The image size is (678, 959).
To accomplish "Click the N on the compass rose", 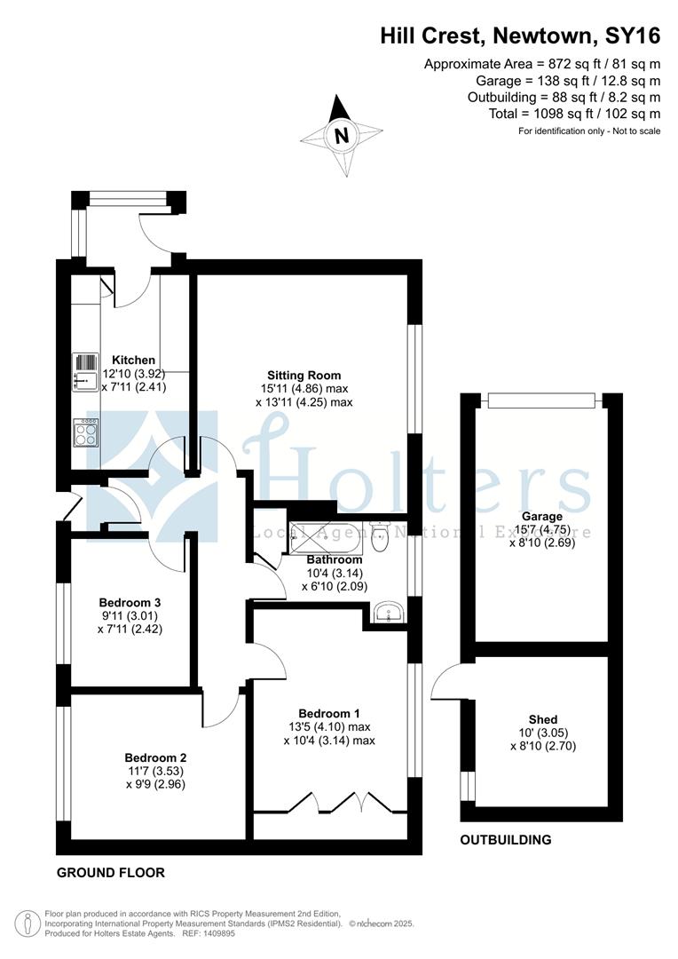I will point(341,137).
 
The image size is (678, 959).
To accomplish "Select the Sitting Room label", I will point(304,375).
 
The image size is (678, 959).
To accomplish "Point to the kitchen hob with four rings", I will point(87,432).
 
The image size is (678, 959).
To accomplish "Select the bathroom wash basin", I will point(388,612).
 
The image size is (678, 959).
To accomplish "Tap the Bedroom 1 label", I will point(328,713).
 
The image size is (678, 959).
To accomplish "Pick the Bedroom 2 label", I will point(155,758).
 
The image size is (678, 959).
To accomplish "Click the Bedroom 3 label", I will point(130,602).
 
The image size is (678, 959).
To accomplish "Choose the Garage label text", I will point(542,516).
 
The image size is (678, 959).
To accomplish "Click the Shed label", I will point(542,719).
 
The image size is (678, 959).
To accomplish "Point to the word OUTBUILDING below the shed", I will point(505,839).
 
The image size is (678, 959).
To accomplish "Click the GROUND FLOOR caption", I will point(111,872).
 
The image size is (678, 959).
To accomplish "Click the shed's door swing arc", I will point(445,682).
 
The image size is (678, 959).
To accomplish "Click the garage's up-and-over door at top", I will point(541,400).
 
